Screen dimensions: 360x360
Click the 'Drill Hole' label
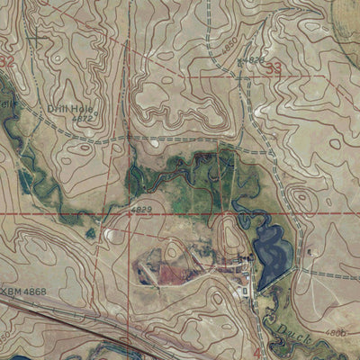[70, 108]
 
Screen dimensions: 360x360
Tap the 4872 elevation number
[82, 118]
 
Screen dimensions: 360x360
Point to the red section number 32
[7, 62]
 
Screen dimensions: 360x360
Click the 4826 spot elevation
[254, 60]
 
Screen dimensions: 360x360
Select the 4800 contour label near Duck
[334, 332]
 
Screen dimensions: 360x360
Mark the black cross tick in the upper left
[36, 39]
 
